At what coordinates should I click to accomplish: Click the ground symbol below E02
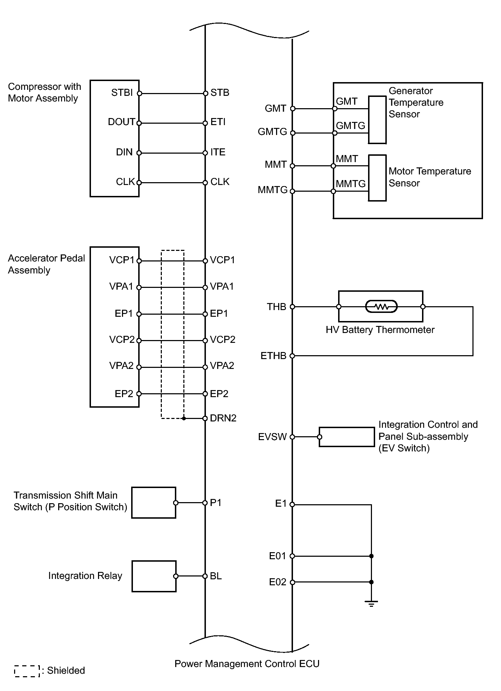371,604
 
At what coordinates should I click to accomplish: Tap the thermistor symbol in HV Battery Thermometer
381,307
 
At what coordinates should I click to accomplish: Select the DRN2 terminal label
223,418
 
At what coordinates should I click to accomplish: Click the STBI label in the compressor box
122,93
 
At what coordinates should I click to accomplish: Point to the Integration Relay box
154,576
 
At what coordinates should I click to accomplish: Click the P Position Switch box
154,502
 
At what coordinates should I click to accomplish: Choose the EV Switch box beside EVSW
347,437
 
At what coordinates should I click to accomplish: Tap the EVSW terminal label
272,437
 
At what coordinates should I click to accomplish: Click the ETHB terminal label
273,356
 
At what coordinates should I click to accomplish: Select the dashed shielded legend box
27,671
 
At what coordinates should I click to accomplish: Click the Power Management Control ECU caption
247,664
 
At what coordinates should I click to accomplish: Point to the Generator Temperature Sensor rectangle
377,120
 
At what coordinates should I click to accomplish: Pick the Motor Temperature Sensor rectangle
377,178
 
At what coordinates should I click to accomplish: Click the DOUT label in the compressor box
121,122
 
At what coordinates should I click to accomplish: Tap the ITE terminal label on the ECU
218,152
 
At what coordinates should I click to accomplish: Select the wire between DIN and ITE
172,153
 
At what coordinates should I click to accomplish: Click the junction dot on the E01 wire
371,556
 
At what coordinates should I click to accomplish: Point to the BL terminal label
216,576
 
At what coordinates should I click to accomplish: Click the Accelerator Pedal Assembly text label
47,264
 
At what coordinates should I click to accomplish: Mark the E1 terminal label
281,504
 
